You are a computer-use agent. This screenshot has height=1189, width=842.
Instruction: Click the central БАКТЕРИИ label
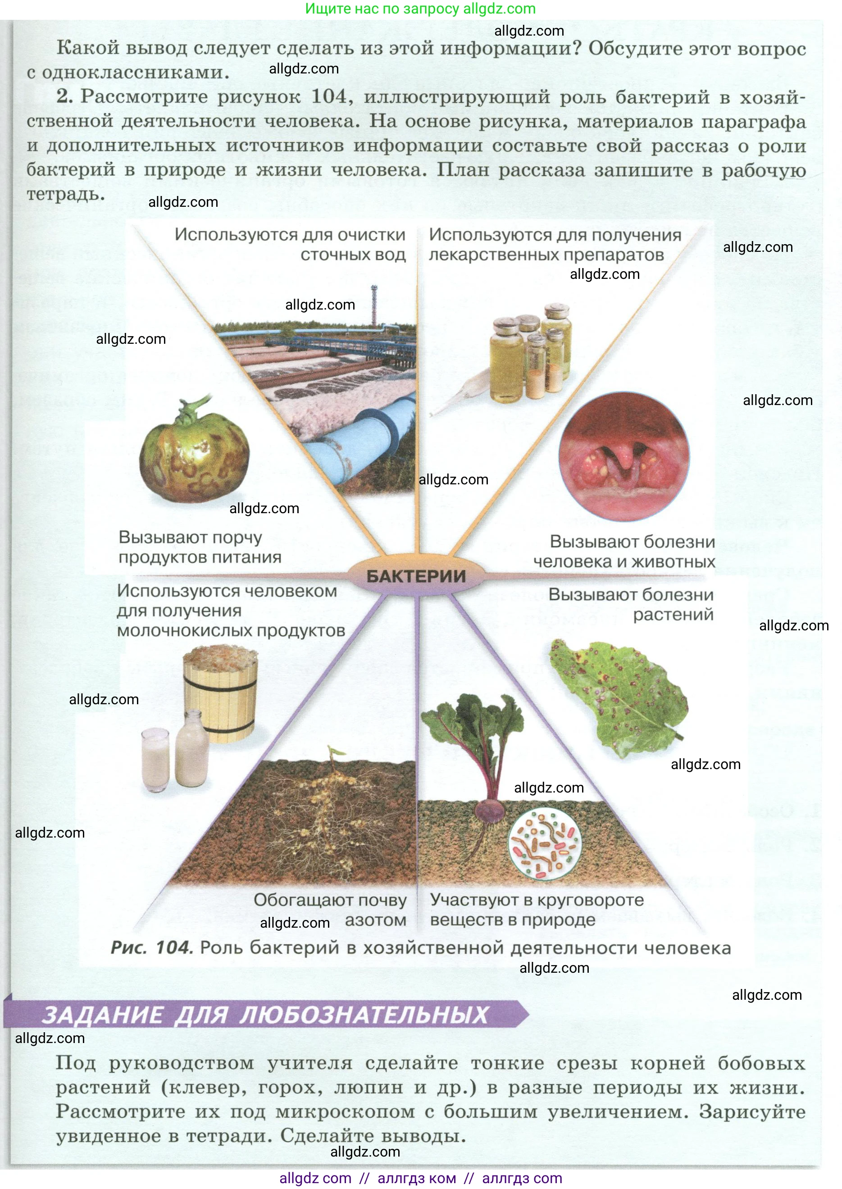(x=416, y=576)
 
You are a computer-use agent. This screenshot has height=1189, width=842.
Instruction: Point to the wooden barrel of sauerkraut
(x=221, y=692)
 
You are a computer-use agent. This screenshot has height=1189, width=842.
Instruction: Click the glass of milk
(x=155, y=760)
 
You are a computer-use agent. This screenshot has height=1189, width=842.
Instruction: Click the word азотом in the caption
(x=375, y=920)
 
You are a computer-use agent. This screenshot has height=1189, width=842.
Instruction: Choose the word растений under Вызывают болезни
(x=673, y=615)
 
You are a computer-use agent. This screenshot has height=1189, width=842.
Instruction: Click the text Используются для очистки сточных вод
(x=290, y=244)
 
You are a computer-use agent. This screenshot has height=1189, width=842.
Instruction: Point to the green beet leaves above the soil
(x=472, y=726)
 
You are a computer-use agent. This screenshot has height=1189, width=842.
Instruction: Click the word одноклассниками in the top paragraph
(x=135, y=73)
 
